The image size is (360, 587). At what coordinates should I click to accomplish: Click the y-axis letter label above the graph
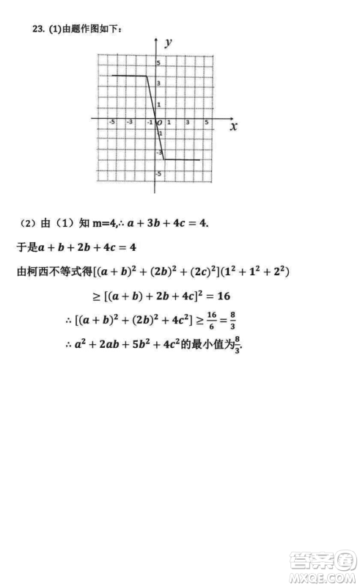coord(169,43)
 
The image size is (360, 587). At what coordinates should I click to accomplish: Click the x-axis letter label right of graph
coord(233,126)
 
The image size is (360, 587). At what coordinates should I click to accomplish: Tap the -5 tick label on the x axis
coord(111,122)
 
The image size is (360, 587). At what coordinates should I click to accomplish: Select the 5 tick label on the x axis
coord(206,122)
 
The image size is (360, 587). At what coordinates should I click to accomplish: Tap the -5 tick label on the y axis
coord(160,174)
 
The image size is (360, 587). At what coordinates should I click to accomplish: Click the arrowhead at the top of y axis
coord(155,38)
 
